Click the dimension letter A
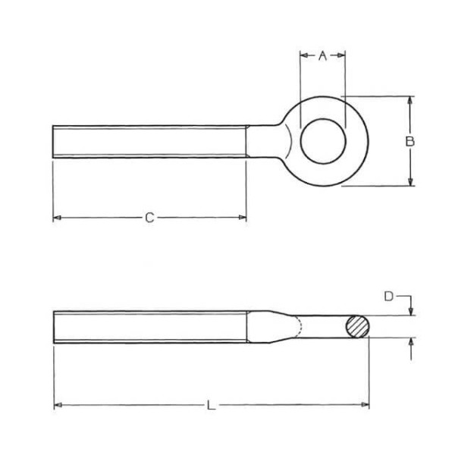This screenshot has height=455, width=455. (322, 55)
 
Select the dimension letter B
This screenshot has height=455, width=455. (410, 141)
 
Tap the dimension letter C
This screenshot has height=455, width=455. (149, 218)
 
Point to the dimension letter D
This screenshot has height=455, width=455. (388, 297)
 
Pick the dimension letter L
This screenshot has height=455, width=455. (212, 405)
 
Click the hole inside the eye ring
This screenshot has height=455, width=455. (323, 141)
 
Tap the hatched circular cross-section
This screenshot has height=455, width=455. (358, 326)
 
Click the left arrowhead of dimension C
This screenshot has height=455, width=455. (57, 218)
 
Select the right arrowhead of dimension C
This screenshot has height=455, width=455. (243, 218)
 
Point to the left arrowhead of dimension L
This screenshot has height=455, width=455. (58, 405)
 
